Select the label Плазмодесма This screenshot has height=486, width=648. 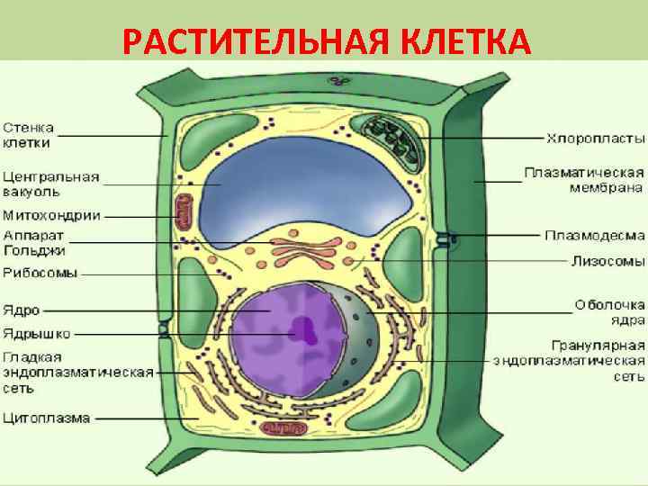594,235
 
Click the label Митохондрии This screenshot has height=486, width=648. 51,215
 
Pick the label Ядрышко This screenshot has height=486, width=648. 36,333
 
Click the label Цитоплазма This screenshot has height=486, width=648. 46,418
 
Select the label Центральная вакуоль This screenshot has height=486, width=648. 50,184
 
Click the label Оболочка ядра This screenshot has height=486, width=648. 610,311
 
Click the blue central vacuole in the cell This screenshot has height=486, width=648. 306,193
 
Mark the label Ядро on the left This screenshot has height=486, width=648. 22,310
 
